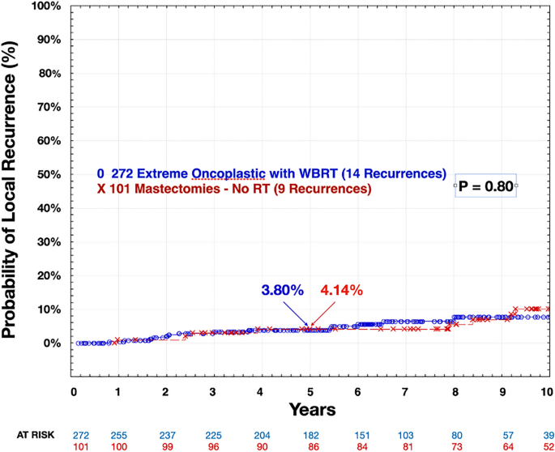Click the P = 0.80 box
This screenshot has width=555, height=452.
tap(485, 186)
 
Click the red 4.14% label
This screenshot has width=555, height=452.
tap(342, 290)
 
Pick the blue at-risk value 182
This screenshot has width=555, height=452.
tap(310, 434)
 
